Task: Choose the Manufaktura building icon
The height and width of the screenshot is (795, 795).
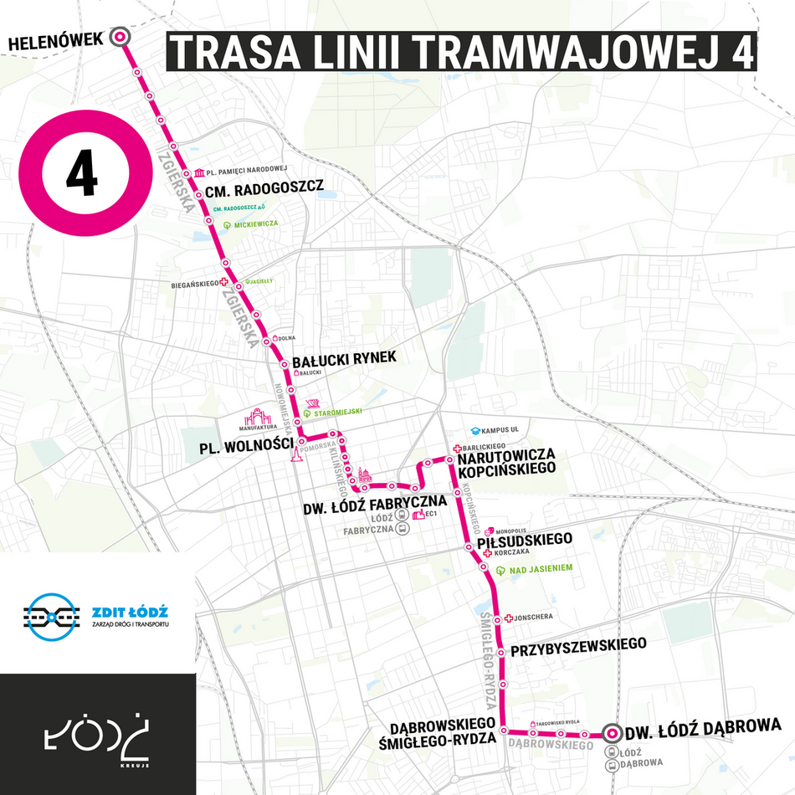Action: (259, 418)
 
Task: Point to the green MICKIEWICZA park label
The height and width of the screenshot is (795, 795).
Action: (256, 225)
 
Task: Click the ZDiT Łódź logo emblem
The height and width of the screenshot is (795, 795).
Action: (50, 618)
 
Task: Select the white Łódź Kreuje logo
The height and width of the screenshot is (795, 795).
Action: (98, 735)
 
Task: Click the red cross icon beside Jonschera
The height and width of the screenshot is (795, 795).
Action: (508, 618)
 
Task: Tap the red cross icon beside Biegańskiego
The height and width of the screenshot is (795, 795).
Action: (223, 283)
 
